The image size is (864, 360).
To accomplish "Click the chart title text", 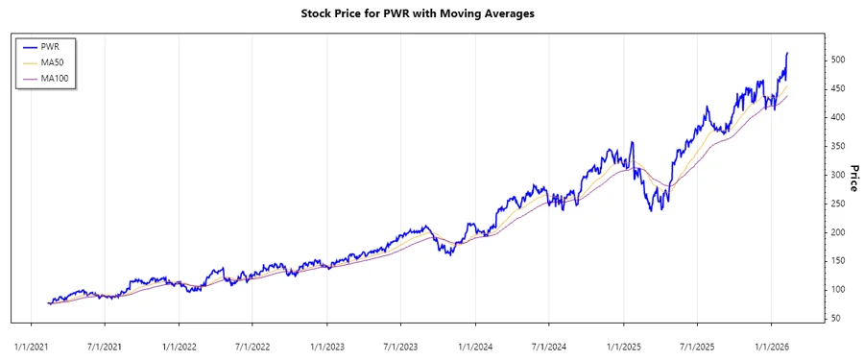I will pyautogui.click(x=431, y=13).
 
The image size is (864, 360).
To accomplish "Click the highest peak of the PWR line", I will pyautogui.click(x=787, y=53).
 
